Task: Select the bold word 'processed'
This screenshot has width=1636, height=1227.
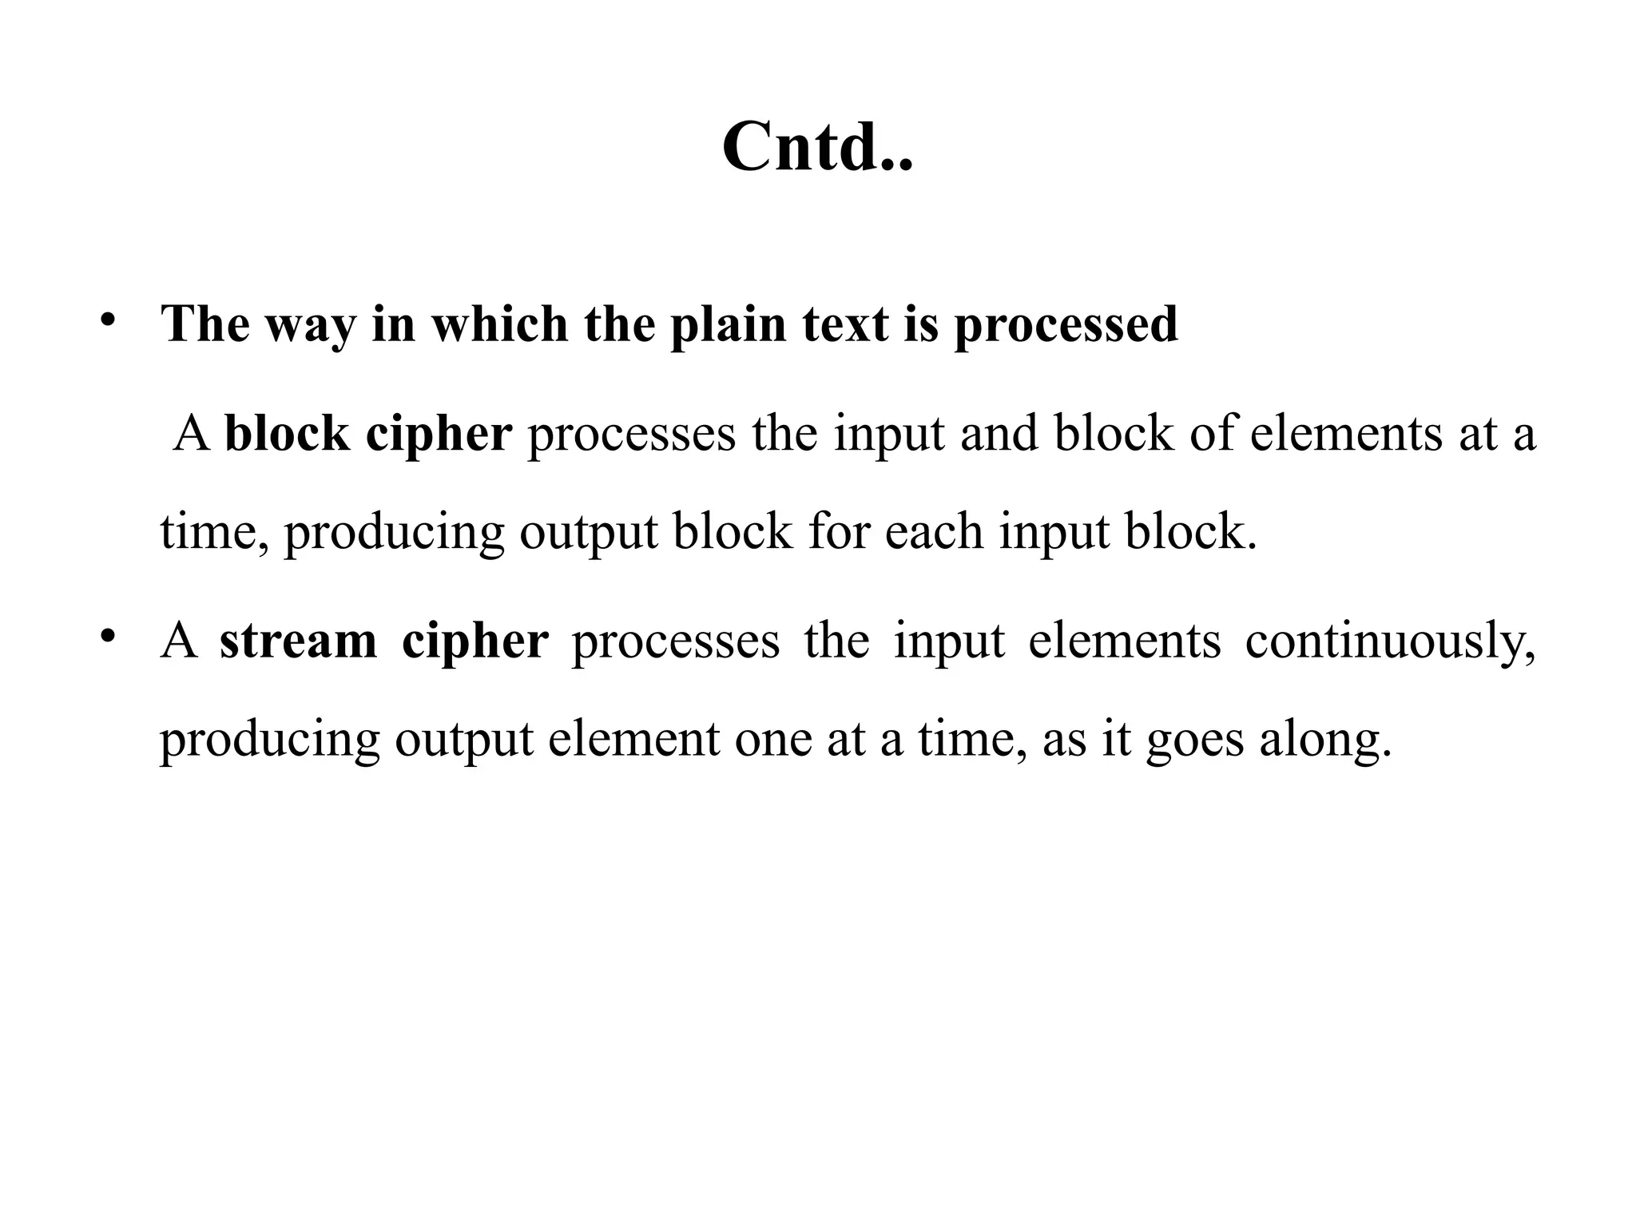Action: point(1066,326)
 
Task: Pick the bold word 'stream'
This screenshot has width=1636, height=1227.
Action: point(298,641)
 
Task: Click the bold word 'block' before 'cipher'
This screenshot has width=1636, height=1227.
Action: point(287,434)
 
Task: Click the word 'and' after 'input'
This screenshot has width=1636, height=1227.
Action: point(999,434)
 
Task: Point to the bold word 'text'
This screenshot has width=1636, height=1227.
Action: point(845,326)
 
